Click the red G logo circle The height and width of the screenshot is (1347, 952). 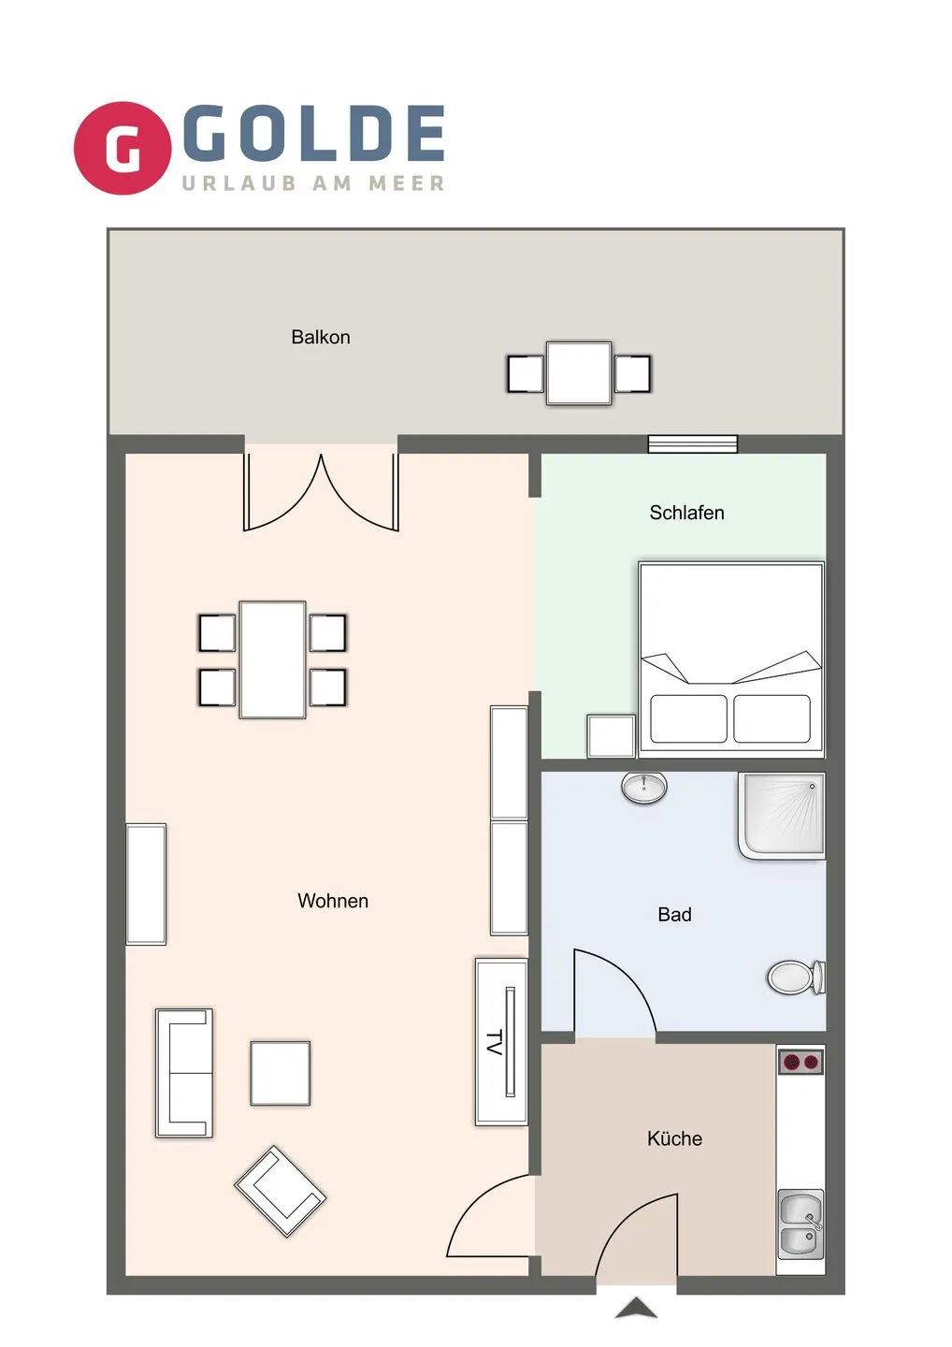click(x=123, y=148)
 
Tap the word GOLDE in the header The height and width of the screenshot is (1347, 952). click(x=314, y=133)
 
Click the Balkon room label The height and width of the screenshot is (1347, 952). click(x=321, y=337)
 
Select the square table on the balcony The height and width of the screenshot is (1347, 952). click(x=579, y=373)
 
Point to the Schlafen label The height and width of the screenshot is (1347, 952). click(x=686, y=513)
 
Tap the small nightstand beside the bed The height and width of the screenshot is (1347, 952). click(x=611, y=735)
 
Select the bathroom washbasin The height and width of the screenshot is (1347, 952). click(x=644, y=788)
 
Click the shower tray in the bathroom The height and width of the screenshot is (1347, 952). click(x=783, y=814)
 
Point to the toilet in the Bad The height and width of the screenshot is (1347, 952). click(x=795, y=978)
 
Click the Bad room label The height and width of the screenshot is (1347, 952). click(x=674, y=915)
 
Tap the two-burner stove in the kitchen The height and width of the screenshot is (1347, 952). click(x=801, y=1062)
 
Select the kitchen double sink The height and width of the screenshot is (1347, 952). click(x=801, y=1224)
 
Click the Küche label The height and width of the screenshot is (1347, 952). click(x=674, y=1138)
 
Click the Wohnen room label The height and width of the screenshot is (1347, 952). click(x=333, y=901)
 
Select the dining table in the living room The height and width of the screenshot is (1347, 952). click(x=272, y=659)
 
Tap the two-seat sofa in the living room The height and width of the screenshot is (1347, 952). click(x=184, y=1072)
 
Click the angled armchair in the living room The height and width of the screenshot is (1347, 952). click(x=280, y=1191)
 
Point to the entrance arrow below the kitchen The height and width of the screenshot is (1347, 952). click(x=636, y=1308)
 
